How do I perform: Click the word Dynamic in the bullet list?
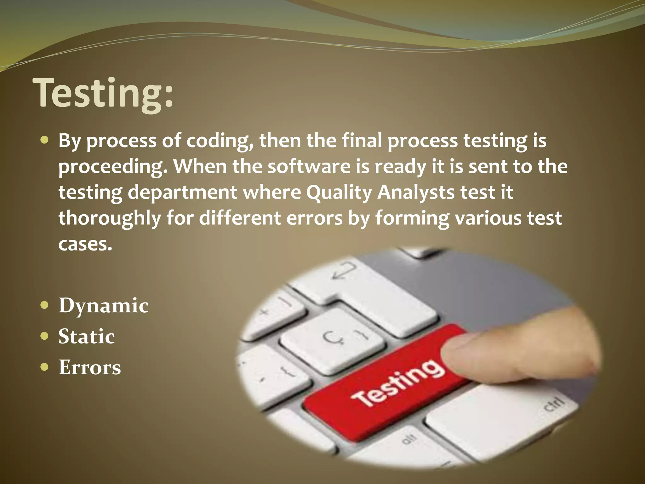[x=103, y=306]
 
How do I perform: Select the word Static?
[x=86, y=337]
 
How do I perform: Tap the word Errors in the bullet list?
[x=89, y=367]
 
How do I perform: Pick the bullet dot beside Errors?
[x=45, y=367]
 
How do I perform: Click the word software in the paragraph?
[x=309, y=166]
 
